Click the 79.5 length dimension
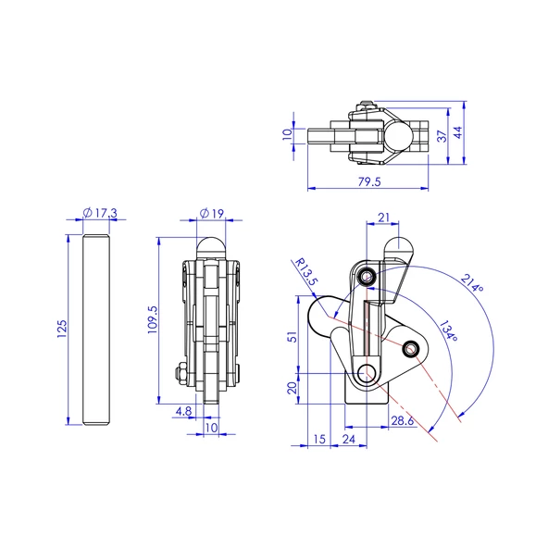368,181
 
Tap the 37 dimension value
443,135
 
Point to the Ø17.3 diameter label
99,213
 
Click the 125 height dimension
61,329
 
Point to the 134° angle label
447,332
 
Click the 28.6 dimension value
401,421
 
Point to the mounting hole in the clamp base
368,374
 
